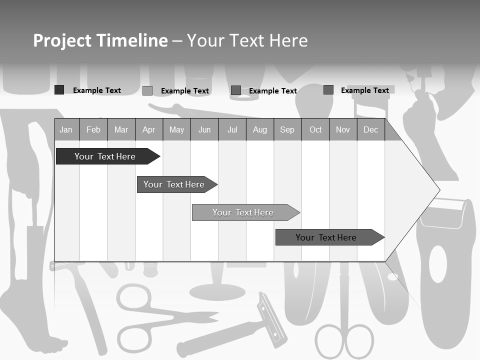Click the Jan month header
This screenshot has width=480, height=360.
click(66, 130)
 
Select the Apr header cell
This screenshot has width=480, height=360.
click(149, 130)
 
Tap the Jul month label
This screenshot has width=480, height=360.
click(232, 130)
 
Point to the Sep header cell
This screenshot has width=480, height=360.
click(287, 130)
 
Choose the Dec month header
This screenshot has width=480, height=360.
click(371, 130)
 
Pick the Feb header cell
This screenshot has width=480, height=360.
click(93, 130)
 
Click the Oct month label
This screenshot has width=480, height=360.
click(315, 130)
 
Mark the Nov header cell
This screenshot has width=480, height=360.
click(343, 130)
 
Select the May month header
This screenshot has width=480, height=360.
click(176, 130)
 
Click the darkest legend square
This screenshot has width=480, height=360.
click(59, 90)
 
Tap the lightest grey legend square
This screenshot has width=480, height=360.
click(147, 90)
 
